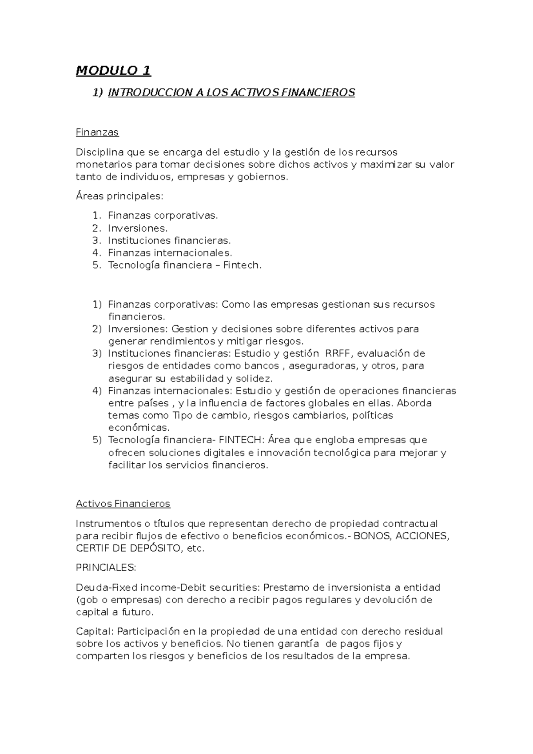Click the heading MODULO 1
(113, 71)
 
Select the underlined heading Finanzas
(97, 132)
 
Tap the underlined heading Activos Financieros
(123, 504)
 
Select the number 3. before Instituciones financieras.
(97, 241)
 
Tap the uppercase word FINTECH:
(242, 440)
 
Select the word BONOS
(373, 536)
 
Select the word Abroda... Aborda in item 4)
(414, 403)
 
